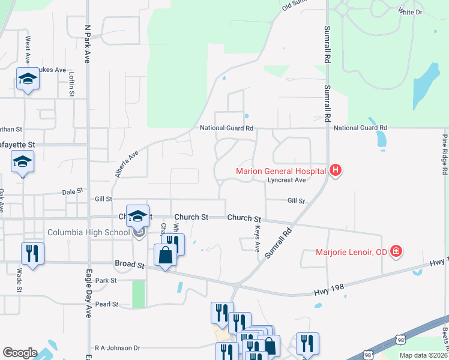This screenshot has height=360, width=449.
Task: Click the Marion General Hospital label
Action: click(x=280, y=170)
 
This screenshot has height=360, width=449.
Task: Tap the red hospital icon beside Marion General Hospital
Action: click(x=336, y=170)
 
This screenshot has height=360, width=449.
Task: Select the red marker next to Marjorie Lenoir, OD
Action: click(x=396, y=251)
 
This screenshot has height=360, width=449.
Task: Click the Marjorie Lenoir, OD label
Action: click(x=352, y=251)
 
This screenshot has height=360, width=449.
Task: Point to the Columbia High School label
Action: click(x=88, y=232)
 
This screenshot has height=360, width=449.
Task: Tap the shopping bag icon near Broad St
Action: click(x=165, y=254)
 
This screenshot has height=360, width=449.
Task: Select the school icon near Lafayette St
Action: click(x=23, y=162)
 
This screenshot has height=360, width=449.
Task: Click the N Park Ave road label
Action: click(x=87, y=44)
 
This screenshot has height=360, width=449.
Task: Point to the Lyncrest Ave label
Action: click(x=287, y=179)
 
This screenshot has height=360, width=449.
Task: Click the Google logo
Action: click(x=20, y=352)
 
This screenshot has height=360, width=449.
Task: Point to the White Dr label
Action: click(x=411, y=11)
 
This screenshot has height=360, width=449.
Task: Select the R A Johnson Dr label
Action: click(x=117, y=347)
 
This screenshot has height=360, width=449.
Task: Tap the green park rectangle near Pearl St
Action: click(x=139, y=294)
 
